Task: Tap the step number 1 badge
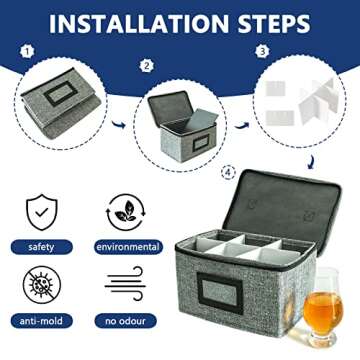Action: pos(27,50)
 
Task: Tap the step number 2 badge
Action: pos(146,66)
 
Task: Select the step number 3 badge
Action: pos(263,50)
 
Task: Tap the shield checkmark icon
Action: pos(41,212)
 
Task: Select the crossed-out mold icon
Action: pos(41,287)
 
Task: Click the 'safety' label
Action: pos(41,246)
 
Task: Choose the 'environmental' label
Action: pos(127,246)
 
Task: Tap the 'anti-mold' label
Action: pos(41,321)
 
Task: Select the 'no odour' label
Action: pos(127,321)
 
